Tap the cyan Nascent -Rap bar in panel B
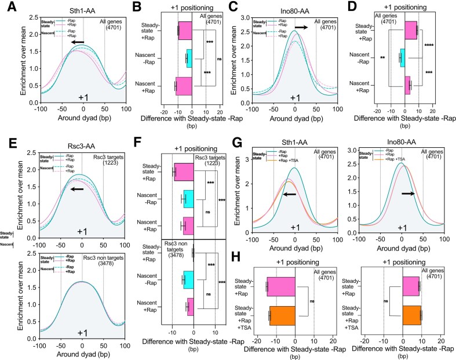(188, 59)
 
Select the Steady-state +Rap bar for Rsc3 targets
(184, 172)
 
